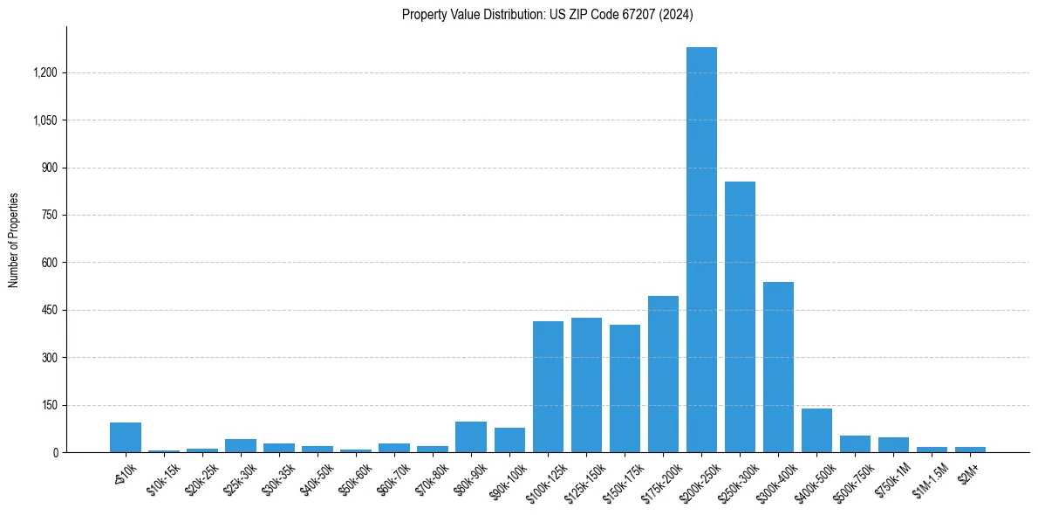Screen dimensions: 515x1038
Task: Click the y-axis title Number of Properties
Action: (x=14, y=239)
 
